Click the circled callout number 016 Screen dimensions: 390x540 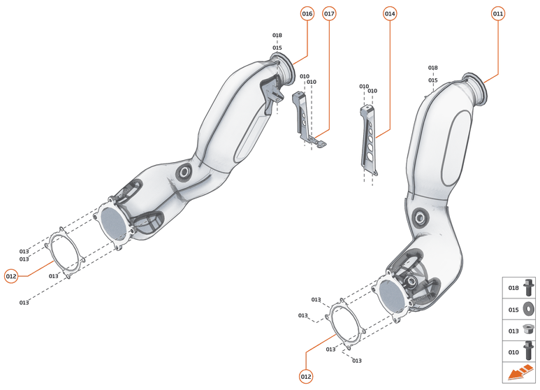click(307, 14)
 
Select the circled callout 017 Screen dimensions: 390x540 click(329, 14)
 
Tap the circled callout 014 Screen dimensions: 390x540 click(390, 14)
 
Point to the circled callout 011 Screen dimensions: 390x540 click(497, 14)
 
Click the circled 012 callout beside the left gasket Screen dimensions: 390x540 click(10, 275)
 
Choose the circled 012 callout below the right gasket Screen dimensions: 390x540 click(305, 377)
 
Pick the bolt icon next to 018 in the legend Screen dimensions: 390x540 click(527, 287)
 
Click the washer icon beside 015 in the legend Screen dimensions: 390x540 click(527, 308)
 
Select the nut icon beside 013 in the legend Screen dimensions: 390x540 click(527, 329)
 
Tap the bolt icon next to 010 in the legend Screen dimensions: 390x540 click(527, 351)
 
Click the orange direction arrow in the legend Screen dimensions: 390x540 click(519, 373)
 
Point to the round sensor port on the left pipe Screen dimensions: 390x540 click(186, 171)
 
